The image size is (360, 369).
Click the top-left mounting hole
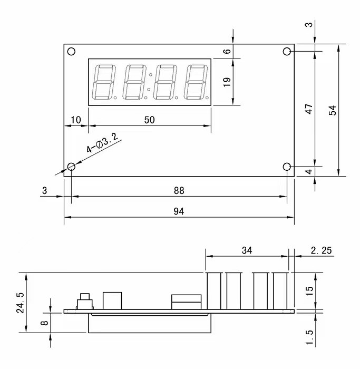click(x=71, y=51)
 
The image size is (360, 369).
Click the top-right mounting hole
click(x=287, y=51)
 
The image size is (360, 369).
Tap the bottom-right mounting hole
click(x=287, y=167)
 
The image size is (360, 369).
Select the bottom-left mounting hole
click(x=71, y=167)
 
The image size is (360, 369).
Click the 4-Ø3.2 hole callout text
click(x=103, y=143)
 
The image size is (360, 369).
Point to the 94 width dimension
click(x=179, y=211)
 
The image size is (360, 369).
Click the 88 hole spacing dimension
click(x=179, y=190)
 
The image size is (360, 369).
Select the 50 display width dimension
click(x=149, y=120)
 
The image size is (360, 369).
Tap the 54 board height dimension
click(x=332, y=110)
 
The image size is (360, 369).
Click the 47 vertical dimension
click(x=309, y=109)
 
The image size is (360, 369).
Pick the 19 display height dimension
click(x=227, y=82)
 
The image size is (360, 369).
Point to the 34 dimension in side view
click(x=247, y=250)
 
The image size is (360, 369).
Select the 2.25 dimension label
click(x=321, y=250)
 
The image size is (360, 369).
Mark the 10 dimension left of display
click(x=76, y=120)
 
